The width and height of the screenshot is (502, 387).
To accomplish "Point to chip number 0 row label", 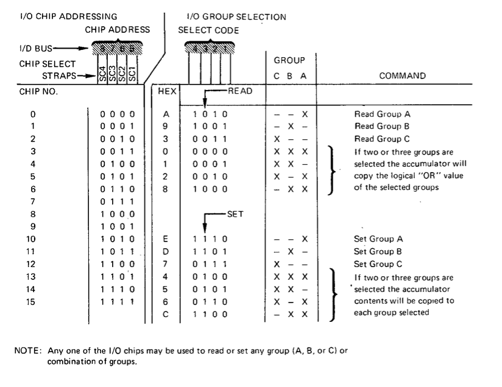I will (33, 114).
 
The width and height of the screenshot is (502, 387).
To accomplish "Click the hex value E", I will (165, 239).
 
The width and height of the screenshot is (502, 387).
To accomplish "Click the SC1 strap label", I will (132, 75).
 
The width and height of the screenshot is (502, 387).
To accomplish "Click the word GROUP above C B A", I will (288, 61).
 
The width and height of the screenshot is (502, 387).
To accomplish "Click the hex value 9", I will (165, 126).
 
